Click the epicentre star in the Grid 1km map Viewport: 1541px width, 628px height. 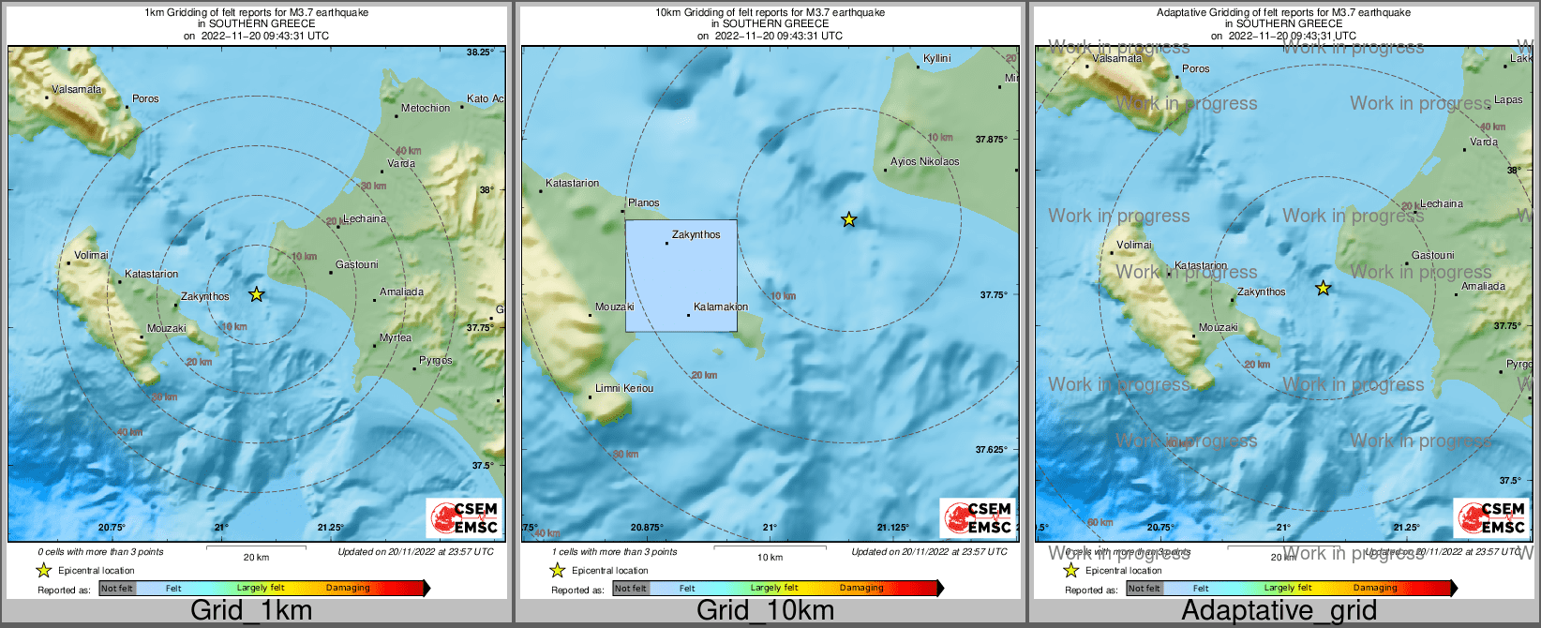[x=256, y=294]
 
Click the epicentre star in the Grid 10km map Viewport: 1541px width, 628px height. [x=848, y=219]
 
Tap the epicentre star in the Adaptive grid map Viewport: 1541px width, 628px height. [x=1323, y=288]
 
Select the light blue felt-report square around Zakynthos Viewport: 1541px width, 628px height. [x=681, y=277]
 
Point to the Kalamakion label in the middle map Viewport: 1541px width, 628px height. [x=721, y=307]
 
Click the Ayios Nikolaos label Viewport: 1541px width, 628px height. [x=924, y=161]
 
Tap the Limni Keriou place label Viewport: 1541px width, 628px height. [x=624, y=388]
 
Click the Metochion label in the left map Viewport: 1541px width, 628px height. [x=426, y=108]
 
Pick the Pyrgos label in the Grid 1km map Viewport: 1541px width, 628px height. [x=436, y=360]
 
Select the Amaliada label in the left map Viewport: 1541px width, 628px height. [x=402, y=292]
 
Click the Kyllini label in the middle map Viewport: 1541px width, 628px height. [x=936, y=58]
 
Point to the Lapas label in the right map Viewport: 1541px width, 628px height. [x=1508, y=99]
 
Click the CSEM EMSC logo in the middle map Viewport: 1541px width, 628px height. [x=977, y=517]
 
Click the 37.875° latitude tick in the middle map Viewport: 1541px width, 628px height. [x=991, y=139]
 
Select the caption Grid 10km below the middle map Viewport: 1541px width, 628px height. [x=765, y=610]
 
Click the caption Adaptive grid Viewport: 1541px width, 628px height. [x=1279, y=610]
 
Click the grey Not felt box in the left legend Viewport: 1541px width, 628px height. [x=117, y=589]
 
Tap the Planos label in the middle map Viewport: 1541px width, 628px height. [x=643, y=202]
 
